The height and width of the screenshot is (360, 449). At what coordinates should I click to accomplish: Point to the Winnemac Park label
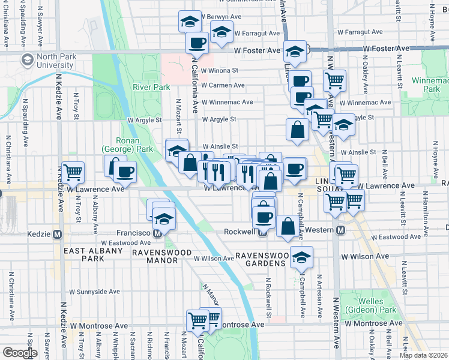point(427,84)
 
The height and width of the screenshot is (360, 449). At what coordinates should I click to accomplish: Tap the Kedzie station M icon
point(58,233)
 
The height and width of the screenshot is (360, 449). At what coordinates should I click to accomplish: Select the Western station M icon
point(340,230)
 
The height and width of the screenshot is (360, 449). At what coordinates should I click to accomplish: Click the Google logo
point(20,353)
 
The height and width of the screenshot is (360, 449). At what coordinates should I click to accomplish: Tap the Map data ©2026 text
point(423,355)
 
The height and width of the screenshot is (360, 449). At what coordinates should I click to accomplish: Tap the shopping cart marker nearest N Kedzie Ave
point(73,172)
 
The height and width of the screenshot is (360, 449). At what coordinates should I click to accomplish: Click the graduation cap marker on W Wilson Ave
point(301,257)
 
